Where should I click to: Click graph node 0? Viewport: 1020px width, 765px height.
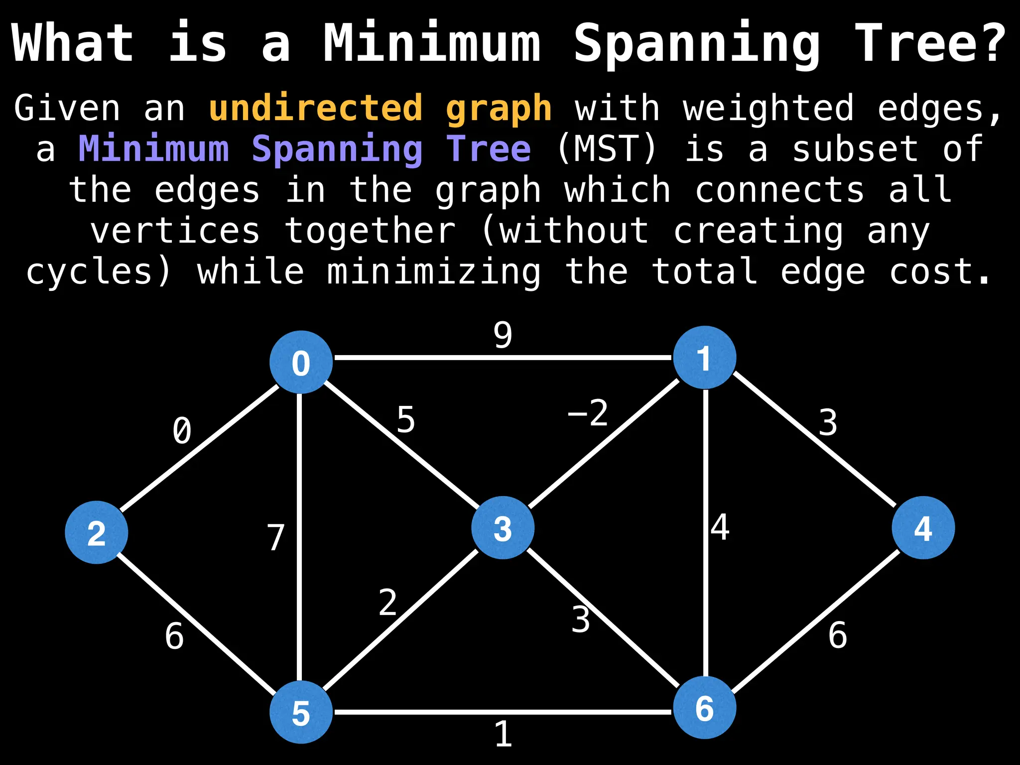click(301, 362)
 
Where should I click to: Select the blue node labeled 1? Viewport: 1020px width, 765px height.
click(704, 358)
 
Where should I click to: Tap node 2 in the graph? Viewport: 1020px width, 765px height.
click(97, 532)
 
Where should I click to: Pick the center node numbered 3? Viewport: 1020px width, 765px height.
click(503, 528)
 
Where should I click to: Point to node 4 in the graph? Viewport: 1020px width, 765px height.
click(923, 528)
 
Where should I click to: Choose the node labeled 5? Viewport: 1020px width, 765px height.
click(301, 712)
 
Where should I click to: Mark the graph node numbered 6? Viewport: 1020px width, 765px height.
click(704, 708)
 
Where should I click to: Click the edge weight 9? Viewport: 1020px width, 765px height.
click(503, 335)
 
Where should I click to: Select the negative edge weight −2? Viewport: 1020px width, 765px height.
click(588, 413)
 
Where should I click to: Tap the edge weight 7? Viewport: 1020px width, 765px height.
click(275, 538)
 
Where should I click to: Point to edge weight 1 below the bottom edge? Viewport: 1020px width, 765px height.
click(503, 735)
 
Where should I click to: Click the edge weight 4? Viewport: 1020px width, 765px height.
click(720, 528)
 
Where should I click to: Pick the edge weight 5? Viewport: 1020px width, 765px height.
click(406, 420)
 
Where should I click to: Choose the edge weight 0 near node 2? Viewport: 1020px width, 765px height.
click(182, 431)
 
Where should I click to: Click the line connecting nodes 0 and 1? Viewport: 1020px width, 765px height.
click(503, 357)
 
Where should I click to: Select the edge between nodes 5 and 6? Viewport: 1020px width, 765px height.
click(503, 712)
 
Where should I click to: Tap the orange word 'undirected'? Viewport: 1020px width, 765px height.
click(316, 108)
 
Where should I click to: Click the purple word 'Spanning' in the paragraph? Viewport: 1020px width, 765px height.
click(337, 149)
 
